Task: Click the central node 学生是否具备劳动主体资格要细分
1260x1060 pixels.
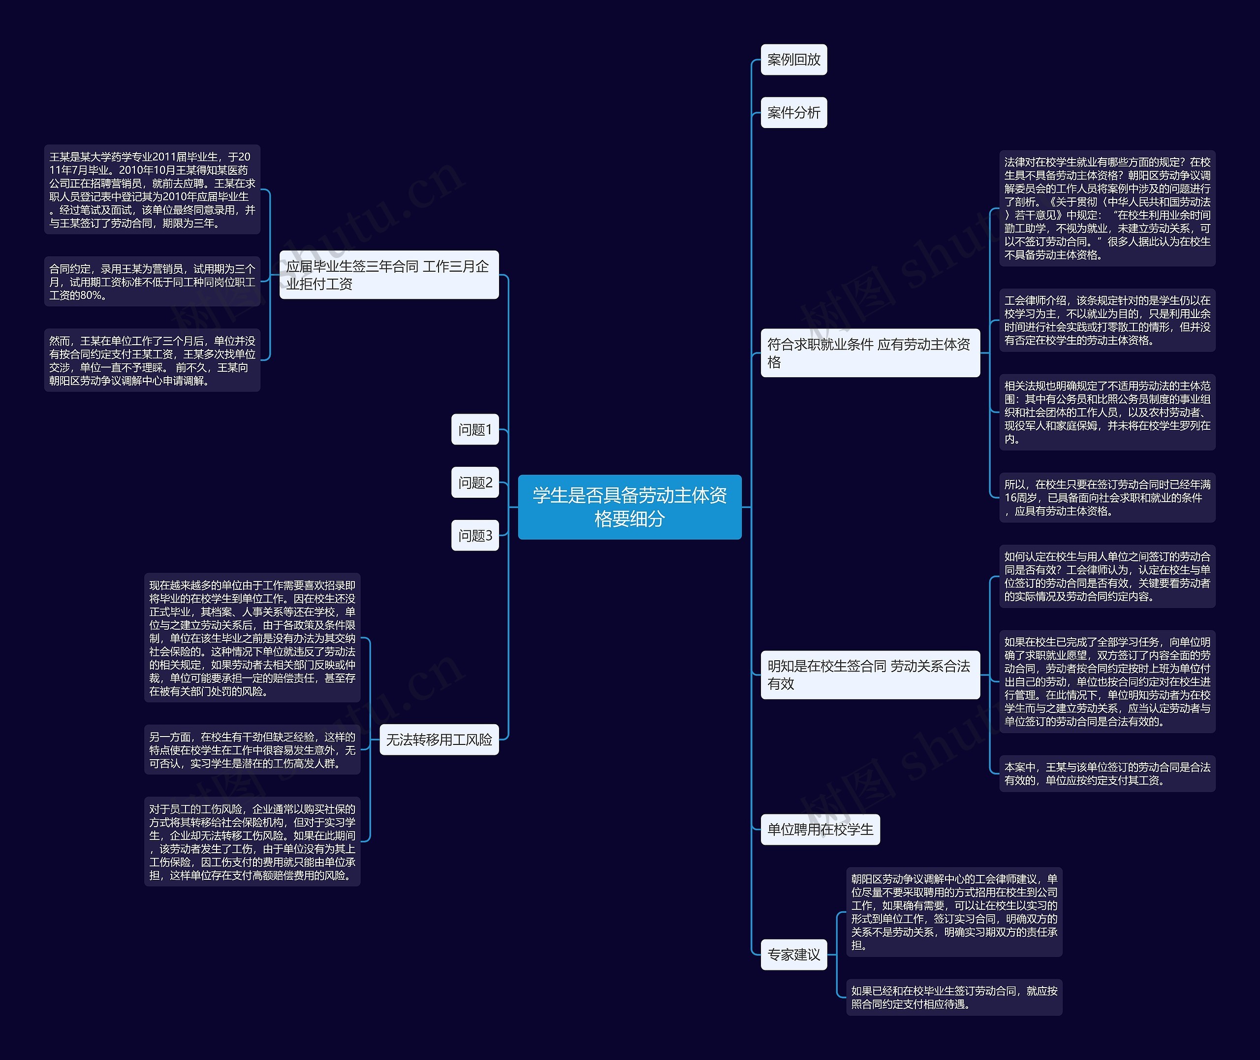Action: coord(630,507)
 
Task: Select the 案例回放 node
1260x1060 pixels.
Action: coord(793,60)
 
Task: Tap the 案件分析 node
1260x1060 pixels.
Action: coord(793,112)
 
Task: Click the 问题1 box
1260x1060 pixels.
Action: coord(474,429)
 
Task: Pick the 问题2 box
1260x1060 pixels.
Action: coord(474,482)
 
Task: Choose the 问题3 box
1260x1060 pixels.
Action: coord(474,535)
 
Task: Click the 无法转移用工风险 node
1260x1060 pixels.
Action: coord(439,739)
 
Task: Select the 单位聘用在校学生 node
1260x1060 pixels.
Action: coord(820,829)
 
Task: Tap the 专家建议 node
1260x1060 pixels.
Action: coord(793,954)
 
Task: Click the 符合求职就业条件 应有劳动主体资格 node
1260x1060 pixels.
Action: coord(870,353)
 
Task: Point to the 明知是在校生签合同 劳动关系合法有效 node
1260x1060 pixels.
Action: coord(870,674)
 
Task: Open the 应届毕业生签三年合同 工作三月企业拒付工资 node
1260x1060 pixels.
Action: coord(388,275)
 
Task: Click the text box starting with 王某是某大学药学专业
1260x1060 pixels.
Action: coord(152,189)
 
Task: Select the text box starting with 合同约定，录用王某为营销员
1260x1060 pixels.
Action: coord(152,281)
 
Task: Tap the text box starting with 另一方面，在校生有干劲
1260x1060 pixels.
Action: coord(252,749)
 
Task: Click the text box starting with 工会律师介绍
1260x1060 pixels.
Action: coord(1107,320)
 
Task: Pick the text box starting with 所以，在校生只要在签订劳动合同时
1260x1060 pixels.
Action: coord(1107,497)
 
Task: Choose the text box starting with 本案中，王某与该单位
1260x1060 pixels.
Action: coord(1107,773)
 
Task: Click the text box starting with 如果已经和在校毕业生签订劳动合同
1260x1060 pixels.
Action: coord(954,997)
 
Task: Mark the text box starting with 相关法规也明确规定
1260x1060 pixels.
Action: coord(1107,412)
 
